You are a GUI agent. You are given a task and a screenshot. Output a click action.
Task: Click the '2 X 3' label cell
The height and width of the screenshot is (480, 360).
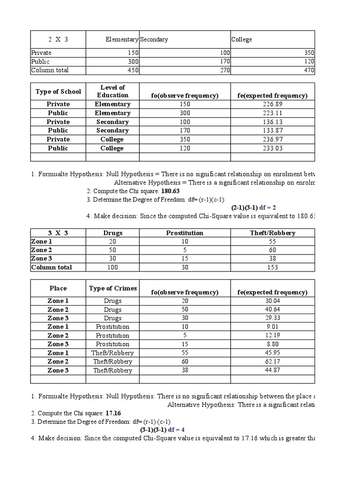pyautogui.click(x=58, y=39)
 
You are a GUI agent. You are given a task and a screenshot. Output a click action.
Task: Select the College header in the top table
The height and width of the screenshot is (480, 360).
pyautogui.click(x=241, y=39)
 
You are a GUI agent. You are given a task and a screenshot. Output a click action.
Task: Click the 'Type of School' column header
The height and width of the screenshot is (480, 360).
pyautogui.click(x=58, y=91)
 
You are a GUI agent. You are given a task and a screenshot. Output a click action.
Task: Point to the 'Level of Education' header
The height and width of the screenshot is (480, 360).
pyautogui.click(x=112, y=91)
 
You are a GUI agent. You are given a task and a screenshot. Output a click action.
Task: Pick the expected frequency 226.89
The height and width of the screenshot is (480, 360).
pyautogui.click(x=272, y=104)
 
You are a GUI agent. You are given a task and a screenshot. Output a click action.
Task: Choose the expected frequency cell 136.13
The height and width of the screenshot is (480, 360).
pyautogui.click(x=272, y=122)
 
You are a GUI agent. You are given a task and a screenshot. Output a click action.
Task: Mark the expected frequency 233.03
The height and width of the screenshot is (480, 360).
pyautogui.click(x=272, y=148)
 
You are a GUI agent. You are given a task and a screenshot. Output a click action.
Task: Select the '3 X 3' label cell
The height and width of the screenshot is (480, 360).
pyautogui.click(x=58, y=233)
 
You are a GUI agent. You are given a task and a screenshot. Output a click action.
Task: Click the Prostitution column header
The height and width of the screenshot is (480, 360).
pyautogui.click(x=185, y=233)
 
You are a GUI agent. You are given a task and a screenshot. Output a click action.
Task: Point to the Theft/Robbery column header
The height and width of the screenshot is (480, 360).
pyautogui.click(x=272, y=233)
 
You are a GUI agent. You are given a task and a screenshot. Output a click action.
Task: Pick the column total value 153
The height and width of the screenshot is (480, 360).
pyautogui.click(x=272, y=268)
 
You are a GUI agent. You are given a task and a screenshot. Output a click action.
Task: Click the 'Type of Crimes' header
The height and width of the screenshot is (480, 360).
pyautogui.click(x=112, y=288)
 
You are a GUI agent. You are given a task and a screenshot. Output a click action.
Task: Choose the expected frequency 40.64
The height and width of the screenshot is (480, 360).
pyautogui.click(x=272, y=309)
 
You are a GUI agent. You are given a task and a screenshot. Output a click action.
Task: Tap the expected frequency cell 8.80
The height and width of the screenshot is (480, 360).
pyautogui.click(x=272, y=344)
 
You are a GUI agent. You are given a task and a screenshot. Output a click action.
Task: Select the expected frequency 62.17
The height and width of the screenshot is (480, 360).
pyautogui.click(x=272, y=361)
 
